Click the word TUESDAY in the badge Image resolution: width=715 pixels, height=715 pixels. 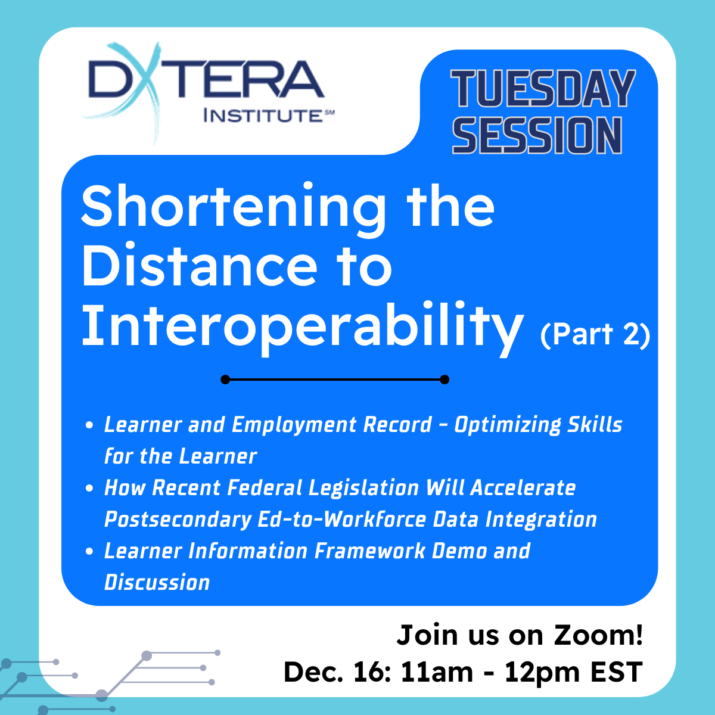tap(543, 89)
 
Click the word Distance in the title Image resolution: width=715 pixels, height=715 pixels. tap(200, 266)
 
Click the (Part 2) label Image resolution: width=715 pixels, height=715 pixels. tap(595, 334)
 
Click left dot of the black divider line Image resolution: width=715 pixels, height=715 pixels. tap(225, 380)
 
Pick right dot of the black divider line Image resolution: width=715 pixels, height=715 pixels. tap(444, 380)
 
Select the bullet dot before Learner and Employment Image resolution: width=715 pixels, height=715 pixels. tap(89, 425)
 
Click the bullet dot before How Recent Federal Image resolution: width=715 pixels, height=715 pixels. tap(89, 489)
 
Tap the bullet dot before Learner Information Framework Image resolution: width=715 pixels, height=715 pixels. tap(89, 552)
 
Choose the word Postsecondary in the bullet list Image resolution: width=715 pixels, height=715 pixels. tap(178, 520)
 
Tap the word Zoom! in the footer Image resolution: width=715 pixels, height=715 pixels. tap(599, 635)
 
